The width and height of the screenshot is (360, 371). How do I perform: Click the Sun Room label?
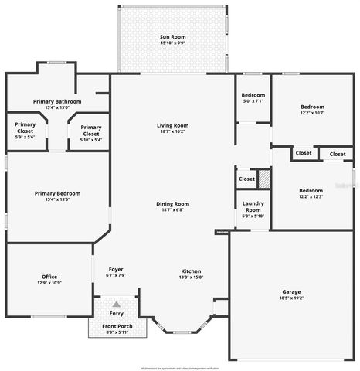click(172, 36)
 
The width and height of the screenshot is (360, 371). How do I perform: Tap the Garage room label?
click(291, 292)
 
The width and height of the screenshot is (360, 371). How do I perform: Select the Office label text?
click(49, 276)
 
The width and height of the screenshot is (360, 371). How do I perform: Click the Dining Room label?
click(172, 203)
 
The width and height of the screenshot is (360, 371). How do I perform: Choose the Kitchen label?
click(191, 271)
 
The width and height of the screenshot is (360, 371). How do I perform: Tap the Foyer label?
click(115, 269)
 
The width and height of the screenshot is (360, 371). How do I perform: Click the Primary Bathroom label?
click(59, 101)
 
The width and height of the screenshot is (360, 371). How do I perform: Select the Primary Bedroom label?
click(57, 193)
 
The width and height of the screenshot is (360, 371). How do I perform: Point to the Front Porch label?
click(117, 326)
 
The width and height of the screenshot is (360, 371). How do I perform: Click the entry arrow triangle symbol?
click(117, 305)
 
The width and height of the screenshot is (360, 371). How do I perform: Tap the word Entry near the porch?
click(117, 313)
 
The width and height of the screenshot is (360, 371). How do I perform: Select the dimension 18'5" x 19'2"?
click(291, 298)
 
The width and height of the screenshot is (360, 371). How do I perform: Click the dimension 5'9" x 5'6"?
click(25, 137)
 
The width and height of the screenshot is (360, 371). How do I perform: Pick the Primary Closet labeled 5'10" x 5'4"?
click(90, 131)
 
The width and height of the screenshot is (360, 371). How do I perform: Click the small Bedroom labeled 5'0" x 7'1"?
click(253, 98)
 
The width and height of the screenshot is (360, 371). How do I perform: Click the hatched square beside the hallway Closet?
click(264, 178)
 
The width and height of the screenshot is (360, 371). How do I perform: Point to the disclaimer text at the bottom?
click(180, 366)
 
